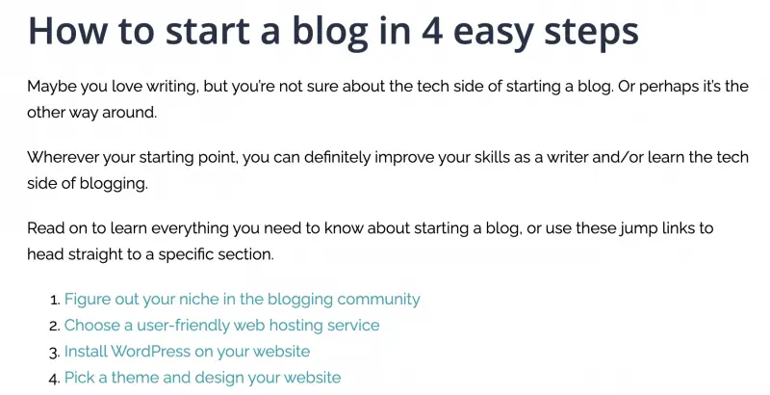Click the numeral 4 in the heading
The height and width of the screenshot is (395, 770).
point(432,30)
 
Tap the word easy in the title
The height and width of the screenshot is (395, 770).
point(493,34)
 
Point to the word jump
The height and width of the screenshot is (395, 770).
point(637,229)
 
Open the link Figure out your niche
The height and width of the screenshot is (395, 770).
point(243,300)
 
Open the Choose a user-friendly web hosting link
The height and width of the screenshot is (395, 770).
point(222,326)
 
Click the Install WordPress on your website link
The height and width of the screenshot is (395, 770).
point(187,352)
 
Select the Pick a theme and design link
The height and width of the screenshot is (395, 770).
point(202,378)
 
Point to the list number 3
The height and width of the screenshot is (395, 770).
point(54,352)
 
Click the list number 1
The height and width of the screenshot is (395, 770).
point(54,300)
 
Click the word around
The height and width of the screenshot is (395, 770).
point(129,113)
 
